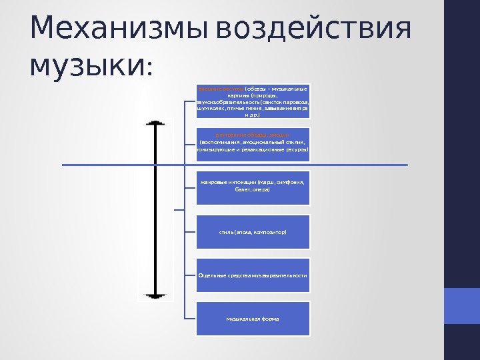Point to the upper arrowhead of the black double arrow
[155, 124]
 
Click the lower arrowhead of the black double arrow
[155, 295]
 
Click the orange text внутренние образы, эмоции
[252, 135]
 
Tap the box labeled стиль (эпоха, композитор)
[253, 232]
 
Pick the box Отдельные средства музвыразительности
[253, 275]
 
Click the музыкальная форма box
[253, 319]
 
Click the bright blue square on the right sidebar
[461, 306]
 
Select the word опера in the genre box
[262, 190]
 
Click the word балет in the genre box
[243, 190]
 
